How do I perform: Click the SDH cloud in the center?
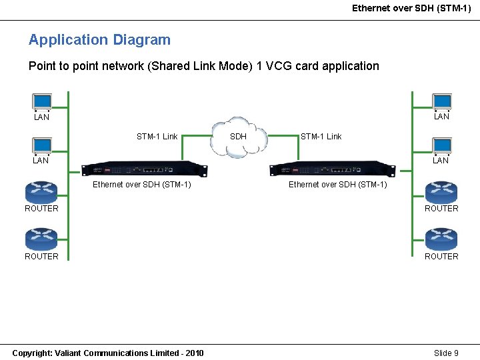(x=238, y=137)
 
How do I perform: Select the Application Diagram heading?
(x=99, y=40)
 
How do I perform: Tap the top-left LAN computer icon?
(x=42, y=102)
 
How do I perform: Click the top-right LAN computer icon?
(x=441, y=102)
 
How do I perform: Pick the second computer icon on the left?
(x=42, y=146)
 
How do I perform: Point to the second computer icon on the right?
(x=441, y=146)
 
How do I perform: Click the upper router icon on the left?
(x=41, y=192)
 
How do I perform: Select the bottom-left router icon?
(x=41, y=239)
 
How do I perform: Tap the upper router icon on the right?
(x=441, y=192)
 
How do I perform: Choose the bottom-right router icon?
(x=441, y=239)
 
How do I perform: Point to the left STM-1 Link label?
(x=157, y=137)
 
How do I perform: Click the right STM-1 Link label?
(x=321, y=137)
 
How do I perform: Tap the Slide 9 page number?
(x=446, y=353)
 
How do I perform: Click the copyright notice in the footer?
(x=108, y=353)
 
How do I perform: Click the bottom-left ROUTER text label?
(x=41, y=257)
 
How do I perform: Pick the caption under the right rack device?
(x=337, y=185)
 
